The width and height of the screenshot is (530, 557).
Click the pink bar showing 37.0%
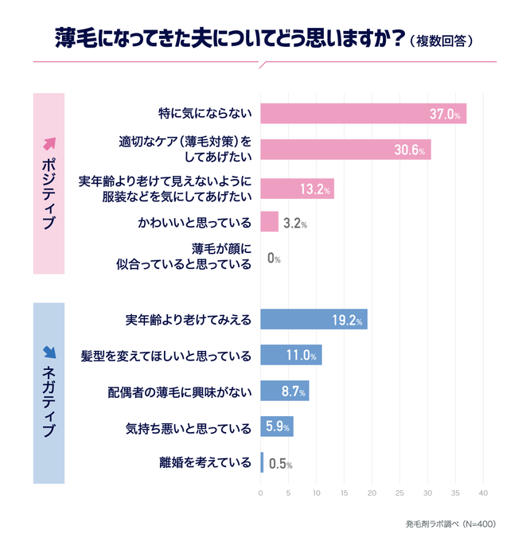pos(363,114)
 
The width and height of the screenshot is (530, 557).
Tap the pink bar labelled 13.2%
pos(297,189)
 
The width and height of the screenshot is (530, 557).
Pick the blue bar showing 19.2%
pos(314,320)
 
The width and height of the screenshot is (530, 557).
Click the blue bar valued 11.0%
pos(290,356)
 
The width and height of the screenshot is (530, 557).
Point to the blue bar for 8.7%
pos(284,391)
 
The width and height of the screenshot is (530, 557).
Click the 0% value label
pos(273,259)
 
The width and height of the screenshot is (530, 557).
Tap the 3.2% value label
pos(294,224)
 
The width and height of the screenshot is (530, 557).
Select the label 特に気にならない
pos(205,114)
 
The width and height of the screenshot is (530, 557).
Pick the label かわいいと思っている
pos(193,223)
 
